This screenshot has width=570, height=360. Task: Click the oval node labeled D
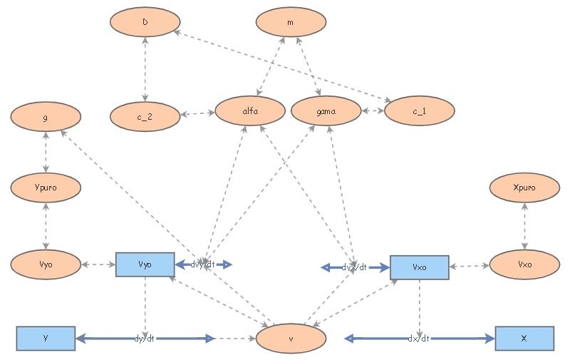point(145,22)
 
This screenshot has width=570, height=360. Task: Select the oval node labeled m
point(291,22)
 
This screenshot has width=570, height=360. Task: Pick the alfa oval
point(250,112)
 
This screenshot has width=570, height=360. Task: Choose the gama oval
point(326,112)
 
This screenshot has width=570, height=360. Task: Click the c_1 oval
point(419,112)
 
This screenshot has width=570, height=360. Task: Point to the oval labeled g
point(46,114)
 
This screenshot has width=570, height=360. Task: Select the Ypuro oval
point(46,188)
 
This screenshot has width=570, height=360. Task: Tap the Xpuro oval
point(524,188)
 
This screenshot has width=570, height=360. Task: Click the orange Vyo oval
point(46,264)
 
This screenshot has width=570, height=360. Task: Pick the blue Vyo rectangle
point(145,264)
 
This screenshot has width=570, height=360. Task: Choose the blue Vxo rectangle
point(420,267)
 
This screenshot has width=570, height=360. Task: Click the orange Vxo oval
point(524,264)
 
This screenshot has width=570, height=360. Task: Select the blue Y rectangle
point(46,338)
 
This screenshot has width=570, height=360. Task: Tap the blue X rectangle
point(524,338)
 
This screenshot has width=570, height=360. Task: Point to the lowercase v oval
point(291,339)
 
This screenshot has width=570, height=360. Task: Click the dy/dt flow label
point(145,339)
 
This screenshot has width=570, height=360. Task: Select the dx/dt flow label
point(419,339)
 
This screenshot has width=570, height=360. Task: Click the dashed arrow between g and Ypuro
point(46,151)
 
